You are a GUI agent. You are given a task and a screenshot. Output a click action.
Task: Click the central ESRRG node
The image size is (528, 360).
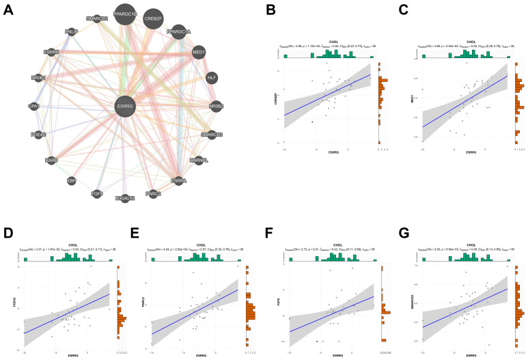pos(125,107)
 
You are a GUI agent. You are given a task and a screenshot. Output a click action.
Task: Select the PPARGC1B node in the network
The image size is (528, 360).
pos(125,14)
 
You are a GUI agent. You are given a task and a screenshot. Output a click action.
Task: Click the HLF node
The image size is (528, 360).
pos(212,79)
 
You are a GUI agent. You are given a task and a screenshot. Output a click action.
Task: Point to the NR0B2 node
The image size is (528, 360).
pos(216,107)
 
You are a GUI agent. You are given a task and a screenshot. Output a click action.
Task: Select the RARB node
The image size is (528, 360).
pos(51,160)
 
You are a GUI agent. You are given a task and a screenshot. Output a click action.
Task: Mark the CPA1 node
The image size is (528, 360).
pos(34,107)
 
